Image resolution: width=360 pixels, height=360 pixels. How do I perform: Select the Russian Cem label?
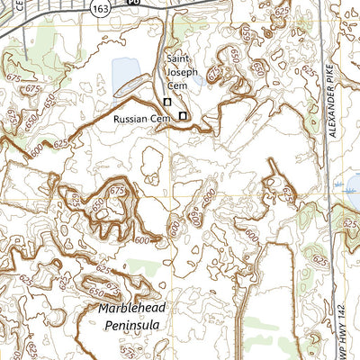(x=141, y=118)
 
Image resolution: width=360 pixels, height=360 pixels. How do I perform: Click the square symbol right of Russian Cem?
(x=183, y=116)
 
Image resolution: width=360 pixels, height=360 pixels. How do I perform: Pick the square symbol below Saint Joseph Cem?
(x=166, y=102)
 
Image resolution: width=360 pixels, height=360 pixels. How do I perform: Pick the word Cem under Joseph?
(x=179, y=85)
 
